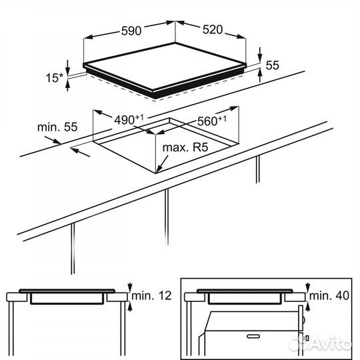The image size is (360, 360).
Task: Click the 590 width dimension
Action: pyautogui.click(x=131, y=31)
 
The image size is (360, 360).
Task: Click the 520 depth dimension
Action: pyautogui.click(x=213, y=29)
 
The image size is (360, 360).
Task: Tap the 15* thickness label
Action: pyautogui.click(x=55, y=78)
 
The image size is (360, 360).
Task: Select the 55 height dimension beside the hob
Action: pyautogui.click(x=272, y=65)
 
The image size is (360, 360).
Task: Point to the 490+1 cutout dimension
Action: pyautogui.click(x=129, y=119)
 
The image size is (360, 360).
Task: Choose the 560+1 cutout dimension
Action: pyautogui.click(x=212, y=121)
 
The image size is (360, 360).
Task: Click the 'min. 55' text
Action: pyautogui.click(x=57, y=127)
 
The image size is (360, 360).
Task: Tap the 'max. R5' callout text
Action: pyautogui.click(x=185, y=147)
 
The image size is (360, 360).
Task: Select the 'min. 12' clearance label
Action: pyautogui.click(x=151, y=296)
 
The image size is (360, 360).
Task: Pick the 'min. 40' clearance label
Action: pyautogui.click(x=329, y=296)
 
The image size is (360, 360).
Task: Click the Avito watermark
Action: pyautogui.click(x=321, y=343)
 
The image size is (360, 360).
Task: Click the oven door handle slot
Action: pyautogui.click(x=253, y=337)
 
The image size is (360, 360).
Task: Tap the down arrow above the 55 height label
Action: pyautogui.click(x=260, y=55)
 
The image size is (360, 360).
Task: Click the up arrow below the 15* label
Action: pyautogui.click(x=67, y=85)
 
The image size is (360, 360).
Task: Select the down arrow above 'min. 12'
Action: pyautogui.click(x=130, y=287)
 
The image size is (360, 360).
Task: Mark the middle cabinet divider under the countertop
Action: pyautogui.click(x=167, y=217)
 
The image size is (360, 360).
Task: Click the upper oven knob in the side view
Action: pyautogui.click(x=303, y=319)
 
